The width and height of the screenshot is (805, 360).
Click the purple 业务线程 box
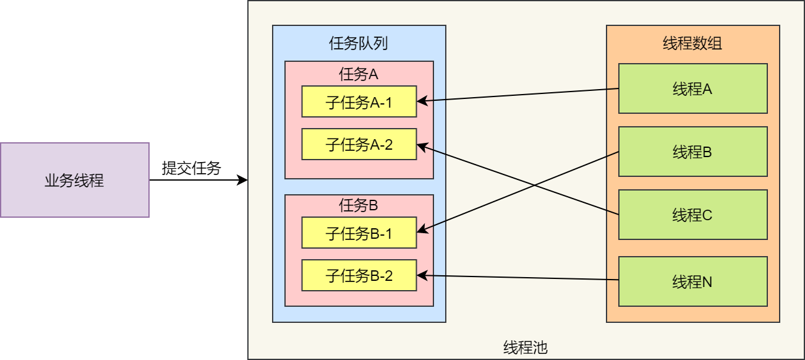[74, 180]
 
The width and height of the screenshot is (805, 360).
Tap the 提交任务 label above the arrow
[191, 168]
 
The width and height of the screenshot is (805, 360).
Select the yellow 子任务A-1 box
[359, 101]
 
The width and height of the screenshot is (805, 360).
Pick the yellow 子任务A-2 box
[359, 144]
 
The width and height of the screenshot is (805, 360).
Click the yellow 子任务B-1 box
[359, 233]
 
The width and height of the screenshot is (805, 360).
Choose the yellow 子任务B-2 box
[359, 275]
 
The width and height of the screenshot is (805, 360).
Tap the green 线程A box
[692, 88]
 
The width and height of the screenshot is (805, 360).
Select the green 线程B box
[692, 152]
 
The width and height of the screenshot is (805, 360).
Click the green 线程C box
[692, 215]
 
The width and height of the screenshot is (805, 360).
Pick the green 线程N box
[692, 281]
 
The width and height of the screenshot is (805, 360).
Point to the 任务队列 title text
[359, 43]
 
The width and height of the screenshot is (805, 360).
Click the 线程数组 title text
[692, 43]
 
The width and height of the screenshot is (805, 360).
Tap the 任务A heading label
[359, 75]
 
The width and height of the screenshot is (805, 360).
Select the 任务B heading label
[359, 206]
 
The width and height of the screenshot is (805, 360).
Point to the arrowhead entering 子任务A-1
[421, 100]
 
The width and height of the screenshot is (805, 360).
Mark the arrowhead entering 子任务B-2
[421, 275]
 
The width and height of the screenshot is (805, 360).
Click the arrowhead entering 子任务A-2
[421, 146]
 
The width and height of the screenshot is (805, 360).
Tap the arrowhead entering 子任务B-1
[421, 232]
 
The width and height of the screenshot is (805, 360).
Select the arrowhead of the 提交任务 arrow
[244, 180]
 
